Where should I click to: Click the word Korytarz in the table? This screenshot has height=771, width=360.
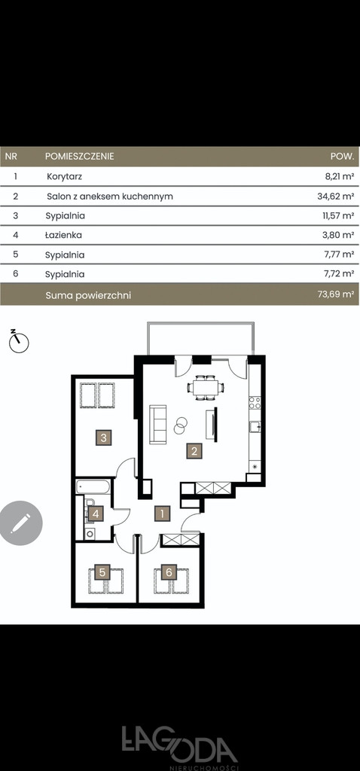[x=65, y=176]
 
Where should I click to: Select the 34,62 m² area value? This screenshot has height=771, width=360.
[x=336, y=197]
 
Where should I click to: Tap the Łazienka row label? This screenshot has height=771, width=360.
[x=63, y=235]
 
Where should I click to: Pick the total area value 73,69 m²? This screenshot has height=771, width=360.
[x=336, y=294]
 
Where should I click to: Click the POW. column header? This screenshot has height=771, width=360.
[x=342, y=157]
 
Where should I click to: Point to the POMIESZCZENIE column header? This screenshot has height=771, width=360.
[x=80, y=157]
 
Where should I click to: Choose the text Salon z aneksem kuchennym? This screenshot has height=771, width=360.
[x=110, y=197]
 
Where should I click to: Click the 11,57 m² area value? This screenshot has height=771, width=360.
[x=338, y=215]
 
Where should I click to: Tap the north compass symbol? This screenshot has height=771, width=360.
[x=19, y=341]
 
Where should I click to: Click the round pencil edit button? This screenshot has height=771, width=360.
[x=20, y=523]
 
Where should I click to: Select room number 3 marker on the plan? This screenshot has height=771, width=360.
[x=103, y=437]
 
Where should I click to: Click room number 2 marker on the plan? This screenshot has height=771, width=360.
[x=194, y=451]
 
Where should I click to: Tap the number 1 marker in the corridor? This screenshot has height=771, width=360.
[x=162, y=513]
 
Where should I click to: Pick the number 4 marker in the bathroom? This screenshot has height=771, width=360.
[x=96, y=514]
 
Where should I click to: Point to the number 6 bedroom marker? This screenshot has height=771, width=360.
[x=169, y=572]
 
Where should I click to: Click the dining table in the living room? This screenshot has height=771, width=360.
[x=205, y=388]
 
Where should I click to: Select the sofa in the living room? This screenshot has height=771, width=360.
[x=158, y=424]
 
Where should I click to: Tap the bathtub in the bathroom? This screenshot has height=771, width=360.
[x=93, y=487]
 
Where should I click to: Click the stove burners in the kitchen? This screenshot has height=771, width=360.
[x=255, y=403]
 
